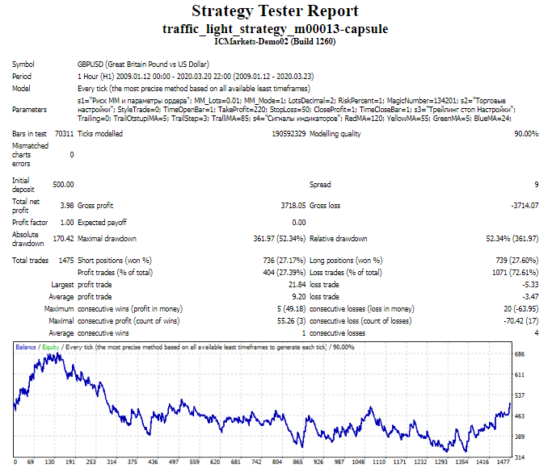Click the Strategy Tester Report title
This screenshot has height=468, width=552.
coord(276,11)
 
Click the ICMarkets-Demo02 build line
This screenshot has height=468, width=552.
coord(276,40)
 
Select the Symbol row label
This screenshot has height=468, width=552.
coord(23,64)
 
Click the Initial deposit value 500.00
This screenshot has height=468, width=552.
coord(63,185)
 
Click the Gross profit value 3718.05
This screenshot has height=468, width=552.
coord(291,205)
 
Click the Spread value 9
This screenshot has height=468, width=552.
coord(536,185)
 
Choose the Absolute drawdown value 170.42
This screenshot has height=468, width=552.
coord(63,239)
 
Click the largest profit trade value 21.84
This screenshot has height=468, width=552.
coord(296,285)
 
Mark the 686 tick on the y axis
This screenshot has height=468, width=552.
coord(520,354)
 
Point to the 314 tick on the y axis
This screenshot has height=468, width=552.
coord(520,456)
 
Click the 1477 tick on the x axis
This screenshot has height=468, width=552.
coord(504,462)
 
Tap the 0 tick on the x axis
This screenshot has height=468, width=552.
coord(16,462)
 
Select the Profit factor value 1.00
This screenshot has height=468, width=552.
coord(66,222)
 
